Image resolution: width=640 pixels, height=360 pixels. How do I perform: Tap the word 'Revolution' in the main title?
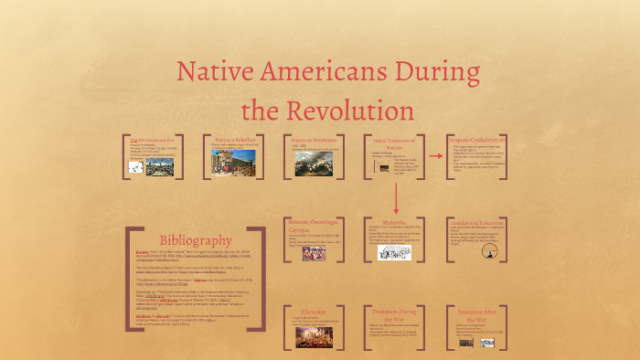click(351, 110)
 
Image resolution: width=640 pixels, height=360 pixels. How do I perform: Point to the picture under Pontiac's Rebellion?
click(228, 163)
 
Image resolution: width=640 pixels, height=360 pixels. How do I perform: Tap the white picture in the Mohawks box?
click(394, 250)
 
